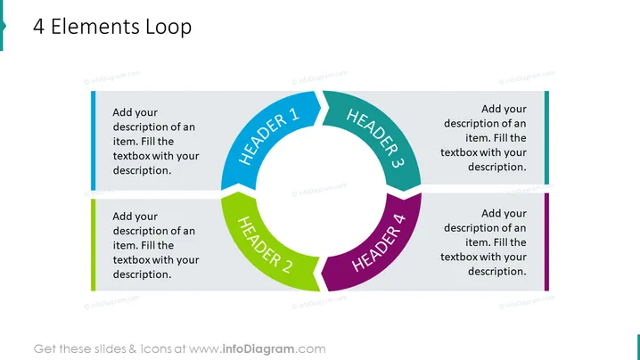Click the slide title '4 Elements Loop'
[112, 27]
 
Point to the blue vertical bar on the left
[93, 141]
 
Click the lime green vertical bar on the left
[93, 245]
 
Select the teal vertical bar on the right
[546, 137]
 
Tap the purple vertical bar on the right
[546, 242]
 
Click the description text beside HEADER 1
[156, 141]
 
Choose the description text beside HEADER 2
[156, 245]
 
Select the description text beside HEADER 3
[483, 138]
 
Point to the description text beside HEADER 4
[483, 242]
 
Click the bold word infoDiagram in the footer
[258, 349]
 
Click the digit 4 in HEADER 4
[398, 220]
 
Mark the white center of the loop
[321, 191]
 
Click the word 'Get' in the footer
[45, 349]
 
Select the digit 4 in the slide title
[39, 27]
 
